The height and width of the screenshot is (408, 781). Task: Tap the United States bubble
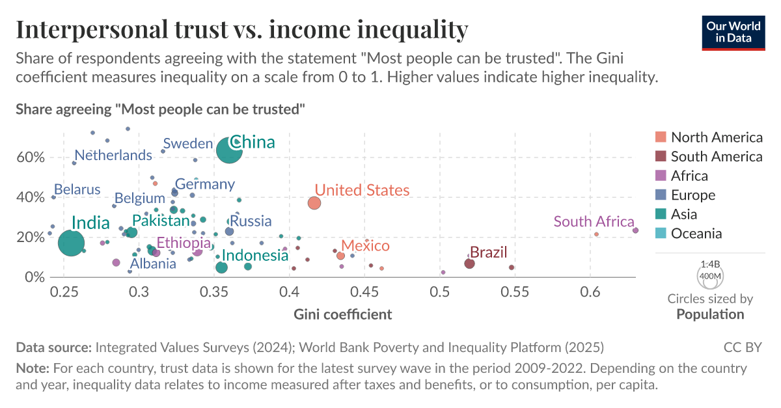[314, 203]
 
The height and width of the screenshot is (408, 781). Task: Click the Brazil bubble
[469, 264]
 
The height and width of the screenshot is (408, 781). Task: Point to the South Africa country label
[594, 221]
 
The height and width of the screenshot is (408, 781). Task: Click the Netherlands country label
[113, 156]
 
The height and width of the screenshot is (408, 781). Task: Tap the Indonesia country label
[255, 256]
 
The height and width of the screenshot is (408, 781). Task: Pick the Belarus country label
[77, 190]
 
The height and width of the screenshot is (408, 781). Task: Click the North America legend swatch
[661, 137]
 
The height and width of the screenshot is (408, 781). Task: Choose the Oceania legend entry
[696, 234]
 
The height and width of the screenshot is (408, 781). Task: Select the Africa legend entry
[689, 176]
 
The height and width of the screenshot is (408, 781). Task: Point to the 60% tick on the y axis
[31, 157]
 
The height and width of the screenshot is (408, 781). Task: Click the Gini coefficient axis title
[343, 315]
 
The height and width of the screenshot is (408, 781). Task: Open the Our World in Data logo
[733, 31]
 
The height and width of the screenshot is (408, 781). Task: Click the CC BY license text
[743, 347]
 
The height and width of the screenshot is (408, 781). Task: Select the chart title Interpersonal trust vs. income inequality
[241, 29]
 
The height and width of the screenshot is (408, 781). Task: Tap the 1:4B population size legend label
[709, 265]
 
